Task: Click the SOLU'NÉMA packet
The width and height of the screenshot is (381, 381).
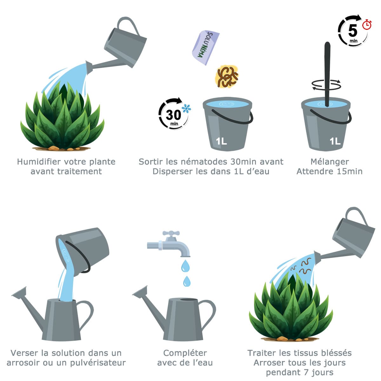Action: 205,48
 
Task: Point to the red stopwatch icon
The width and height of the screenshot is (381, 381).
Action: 367,24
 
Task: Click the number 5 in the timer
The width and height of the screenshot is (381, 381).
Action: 353,31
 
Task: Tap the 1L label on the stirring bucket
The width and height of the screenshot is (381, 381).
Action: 335,141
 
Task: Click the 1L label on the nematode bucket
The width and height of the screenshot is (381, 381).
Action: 221,141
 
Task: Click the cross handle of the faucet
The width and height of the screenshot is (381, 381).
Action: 171,233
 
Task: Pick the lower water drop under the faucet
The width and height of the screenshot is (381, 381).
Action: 187,281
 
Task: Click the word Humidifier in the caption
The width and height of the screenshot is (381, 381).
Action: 39,162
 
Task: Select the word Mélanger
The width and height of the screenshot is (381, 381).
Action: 330,162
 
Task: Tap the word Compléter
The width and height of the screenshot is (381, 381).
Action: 185,353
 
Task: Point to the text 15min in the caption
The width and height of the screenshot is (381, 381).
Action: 348,171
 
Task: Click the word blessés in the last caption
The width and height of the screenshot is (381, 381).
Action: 335,353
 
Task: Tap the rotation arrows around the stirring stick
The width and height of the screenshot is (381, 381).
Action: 326,84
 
